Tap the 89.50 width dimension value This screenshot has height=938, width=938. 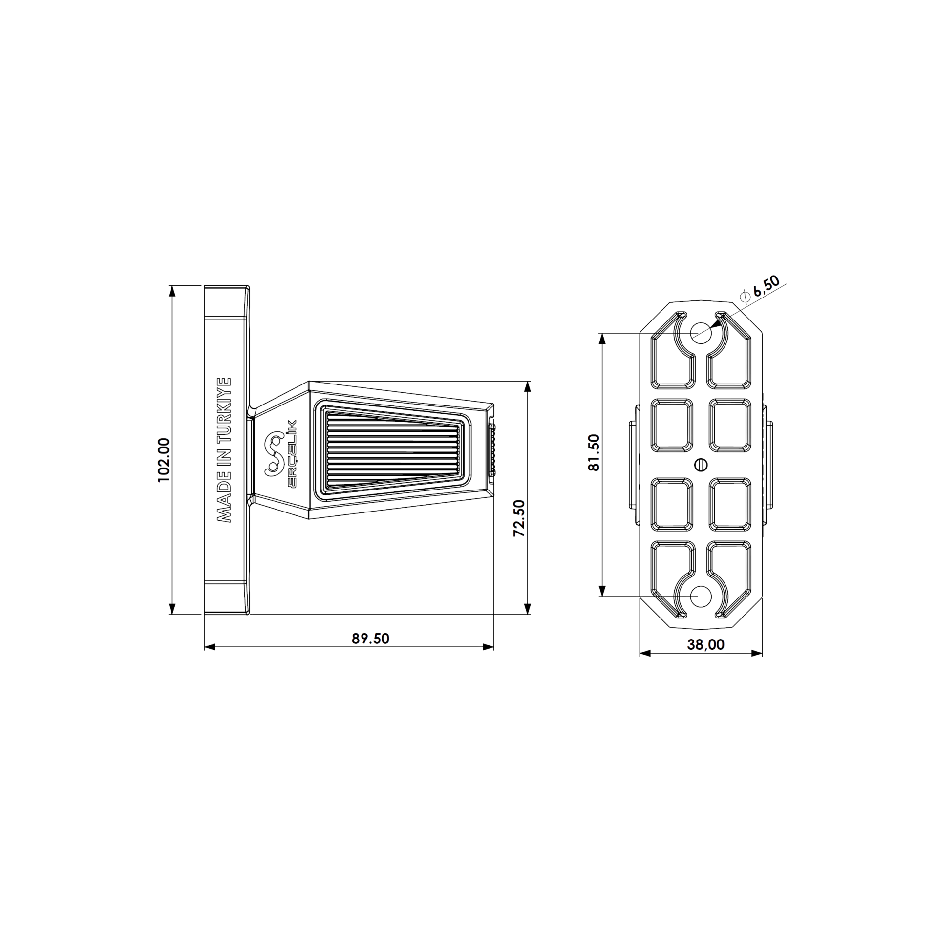pyautogui.click(x=370, y=639)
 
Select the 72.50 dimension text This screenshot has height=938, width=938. pyautogui.click(x=519, y=518)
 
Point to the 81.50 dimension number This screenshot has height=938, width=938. pyautogui.click(x=594, y=452)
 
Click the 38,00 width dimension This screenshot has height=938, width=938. pyautogui.click(x=705, y=644)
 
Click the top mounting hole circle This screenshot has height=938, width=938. pyautogui.click(x=701, y=332)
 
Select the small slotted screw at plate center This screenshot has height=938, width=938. pyautogui.click(x=701, y=464)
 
